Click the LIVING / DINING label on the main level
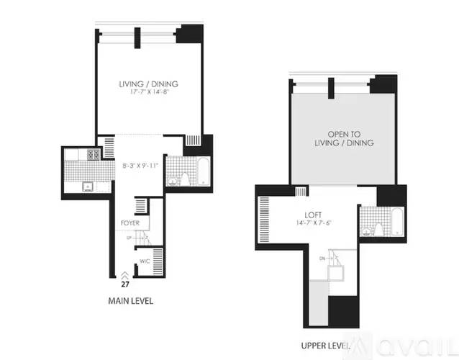(x=148, y=84)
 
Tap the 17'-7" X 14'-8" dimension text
(x=148, y=93)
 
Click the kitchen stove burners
(x=93, y=154)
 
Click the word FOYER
(x=129, y=223)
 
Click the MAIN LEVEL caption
(x=130, y=301)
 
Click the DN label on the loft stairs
(x=323, y=258)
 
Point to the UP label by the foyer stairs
(x=129, y=237)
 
